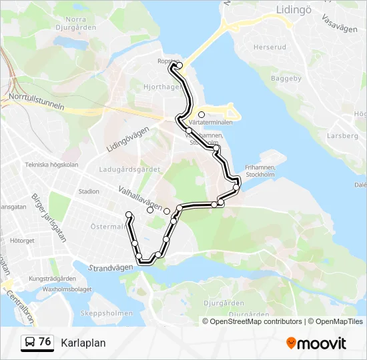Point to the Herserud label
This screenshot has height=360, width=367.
(270, 47)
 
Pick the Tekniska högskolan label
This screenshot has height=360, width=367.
(51, 164)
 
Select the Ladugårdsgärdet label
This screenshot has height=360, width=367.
(129, 169)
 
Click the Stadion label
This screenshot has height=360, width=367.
(88, 191)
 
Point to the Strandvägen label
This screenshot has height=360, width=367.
(111, 267)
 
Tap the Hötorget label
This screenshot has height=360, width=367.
(22, 240)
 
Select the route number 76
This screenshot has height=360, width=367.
(45, 341)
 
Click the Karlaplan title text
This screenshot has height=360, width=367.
(83, 343)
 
